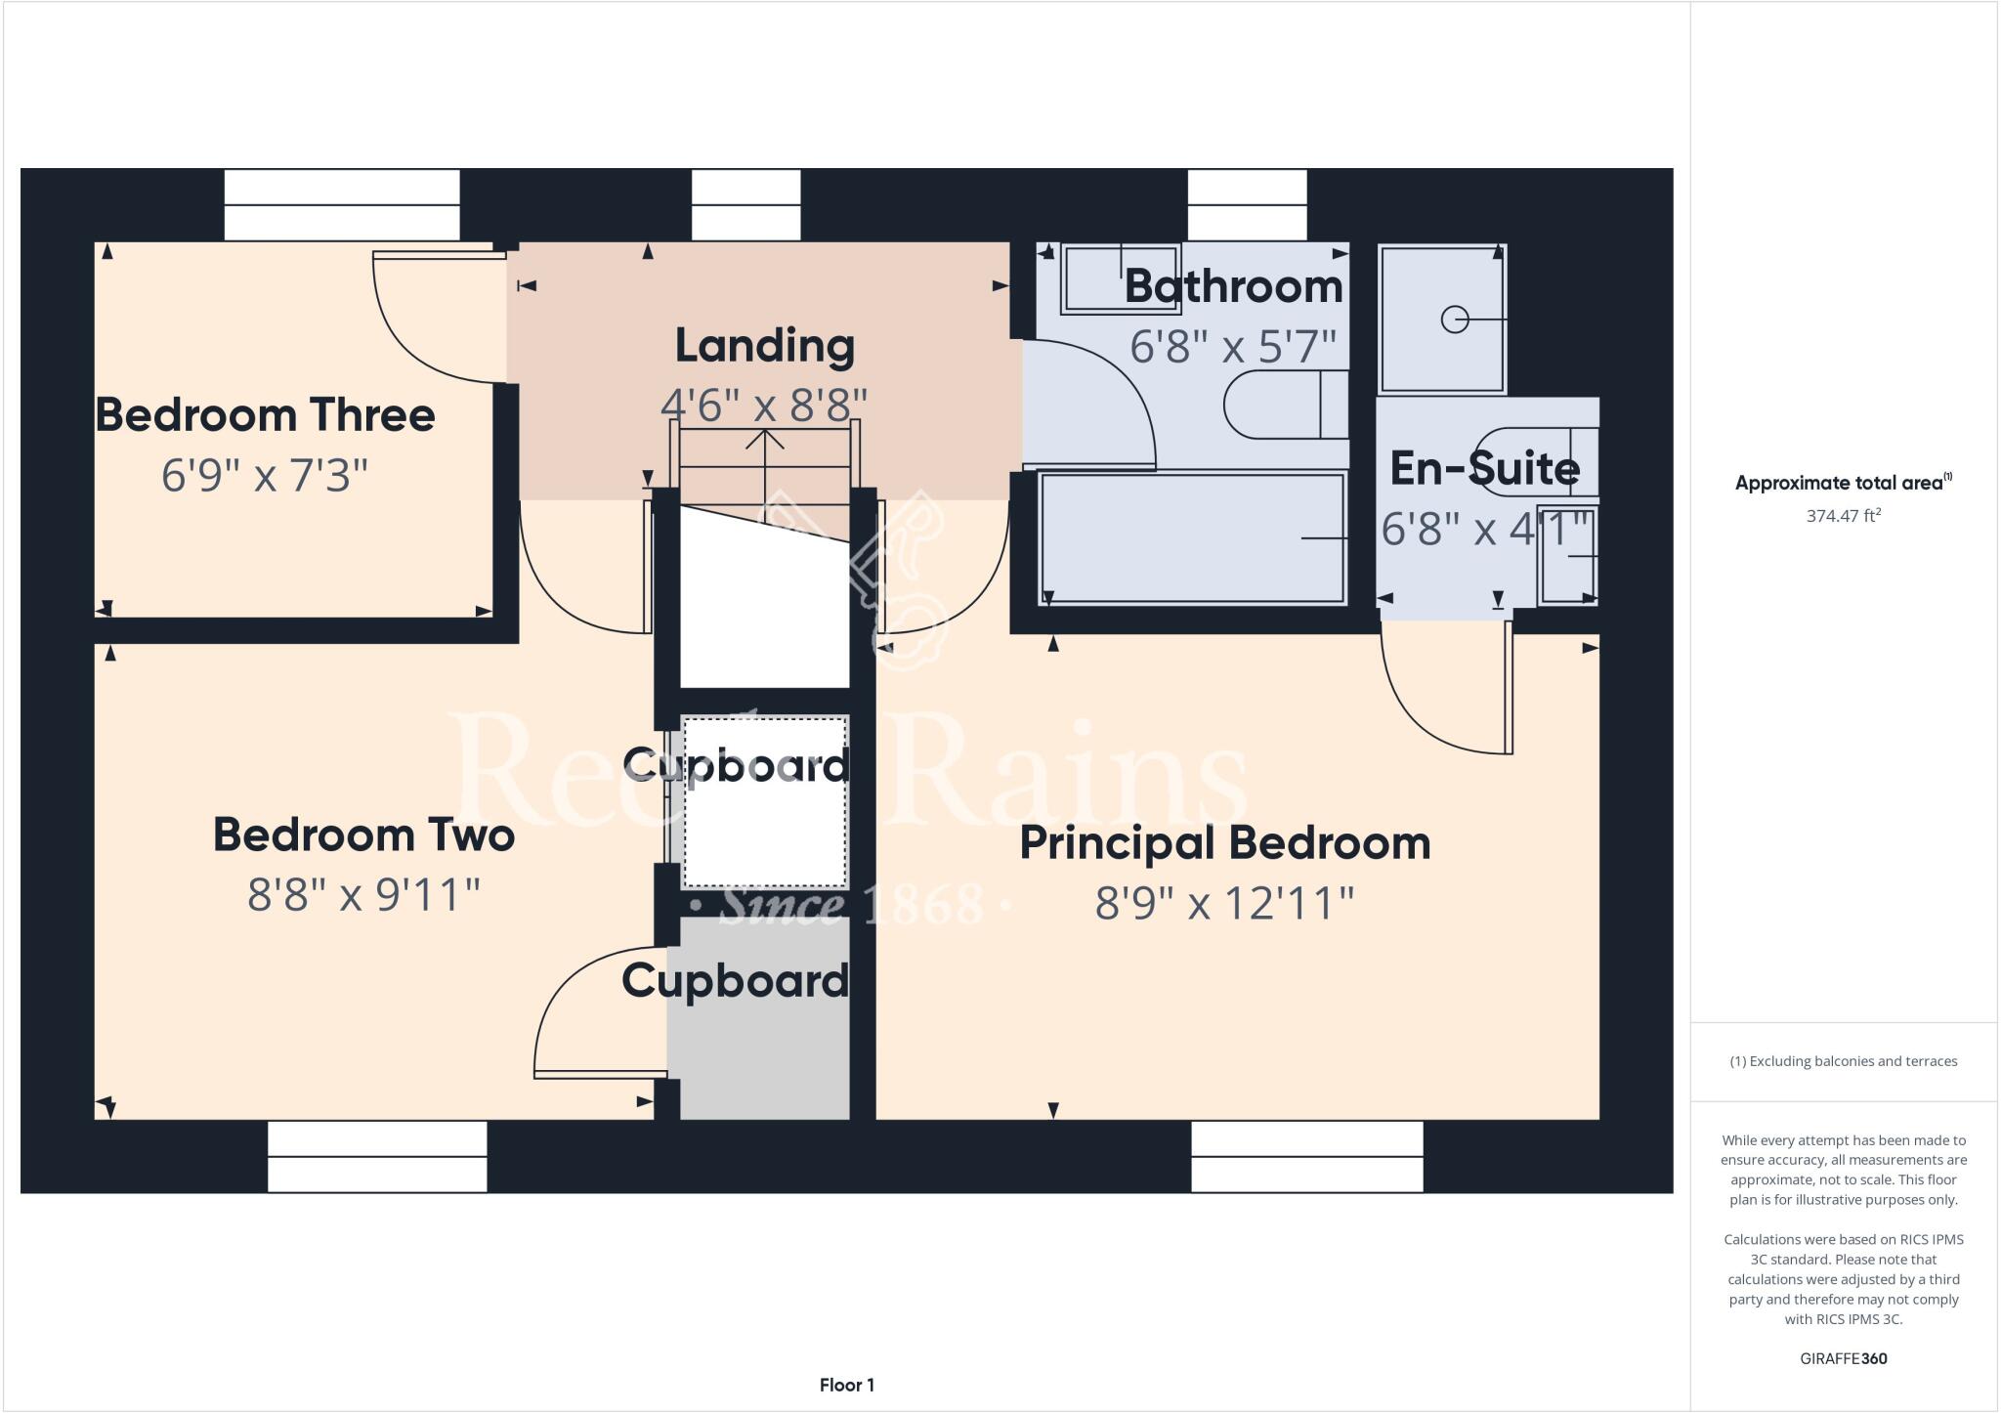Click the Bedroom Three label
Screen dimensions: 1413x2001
tap(265, 415)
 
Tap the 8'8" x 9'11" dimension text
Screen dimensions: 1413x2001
tap(363, 894)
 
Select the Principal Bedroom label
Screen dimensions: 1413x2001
tap(1224, 843)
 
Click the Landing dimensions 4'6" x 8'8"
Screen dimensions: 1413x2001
tap(764, 406)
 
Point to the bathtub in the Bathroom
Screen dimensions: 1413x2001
tap(1191, 538)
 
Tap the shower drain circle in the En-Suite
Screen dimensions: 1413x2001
tap(1454, 320)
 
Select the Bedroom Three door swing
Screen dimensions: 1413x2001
tap(410, 342)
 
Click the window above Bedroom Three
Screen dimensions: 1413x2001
tap(342, 205)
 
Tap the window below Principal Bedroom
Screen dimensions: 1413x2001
tap(1306, 1157)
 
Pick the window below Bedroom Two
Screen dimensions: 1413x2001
tap(377, 1157)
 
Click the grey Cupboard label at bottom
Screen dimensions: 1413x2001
tap(735, 980)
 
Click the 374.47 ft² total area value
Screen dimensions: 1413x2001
tap(1843, 516)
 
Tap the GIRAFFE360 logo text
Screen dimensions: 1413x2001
tap(1843, 1358)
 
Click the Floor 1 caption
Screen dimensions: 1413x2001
tap(846, 1385)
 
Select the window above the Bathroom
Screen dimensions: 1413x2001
tap(1247, 205)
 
